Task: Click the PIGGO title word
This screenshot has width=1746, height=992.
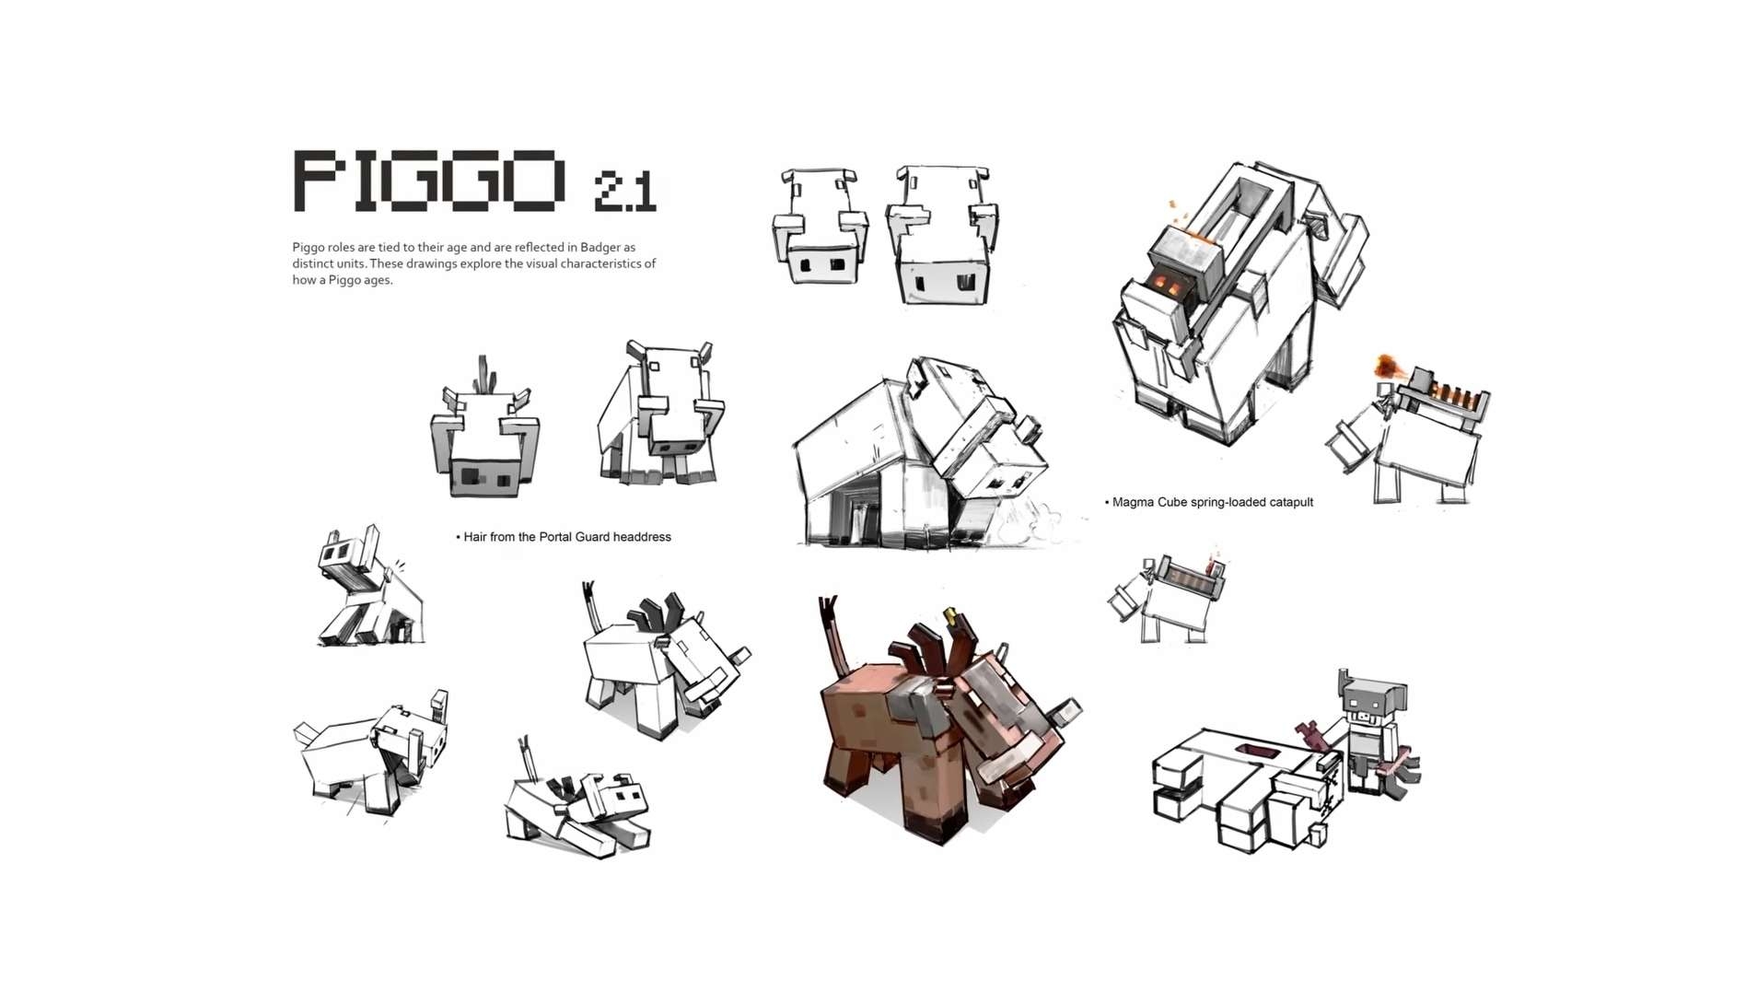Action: (428, 181)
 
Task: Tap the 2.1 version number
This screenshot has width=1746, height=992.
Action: (625, 192)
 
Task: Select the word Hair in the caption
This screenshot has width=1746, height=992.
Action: (475, 537)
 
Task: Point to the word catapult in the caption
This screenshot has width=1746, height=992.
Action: (1289, 502)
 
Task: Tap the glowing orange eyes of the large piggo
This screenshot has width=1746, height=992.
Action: (1168, 284)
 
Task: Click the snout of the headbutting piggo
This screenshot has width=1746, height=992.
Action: (1029, 429)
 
